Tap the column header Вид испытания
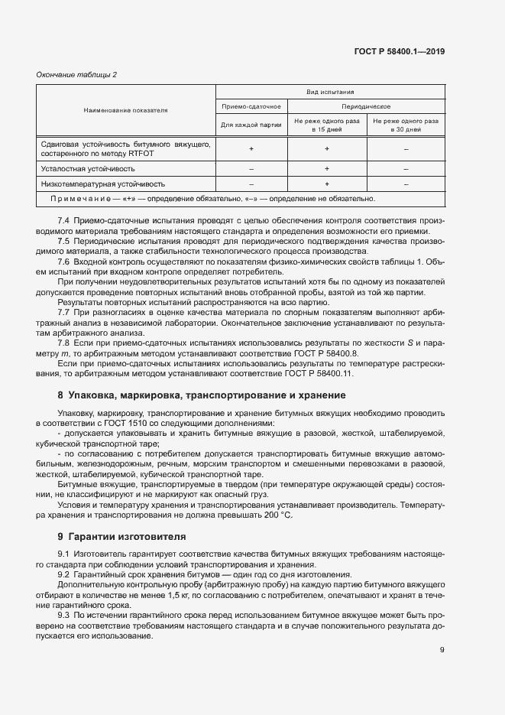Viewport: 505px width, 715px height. click(329, 91)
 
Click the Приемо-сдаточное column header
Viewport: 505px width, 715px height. click(251, 106)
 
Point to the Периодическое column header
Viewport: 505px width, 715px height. click(366, 106)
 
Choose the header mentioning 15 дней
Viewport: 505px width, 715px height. click(326, 125)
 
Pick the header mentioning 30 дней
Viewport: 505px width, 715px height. click(405, 125)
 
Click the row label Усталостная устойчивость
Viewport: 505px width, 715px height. click(88, 168)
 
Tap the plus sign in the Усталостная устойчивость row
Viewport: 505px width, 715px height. click(326, 168)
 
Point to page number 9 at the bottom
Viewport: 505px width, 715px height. click(442, 650)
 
